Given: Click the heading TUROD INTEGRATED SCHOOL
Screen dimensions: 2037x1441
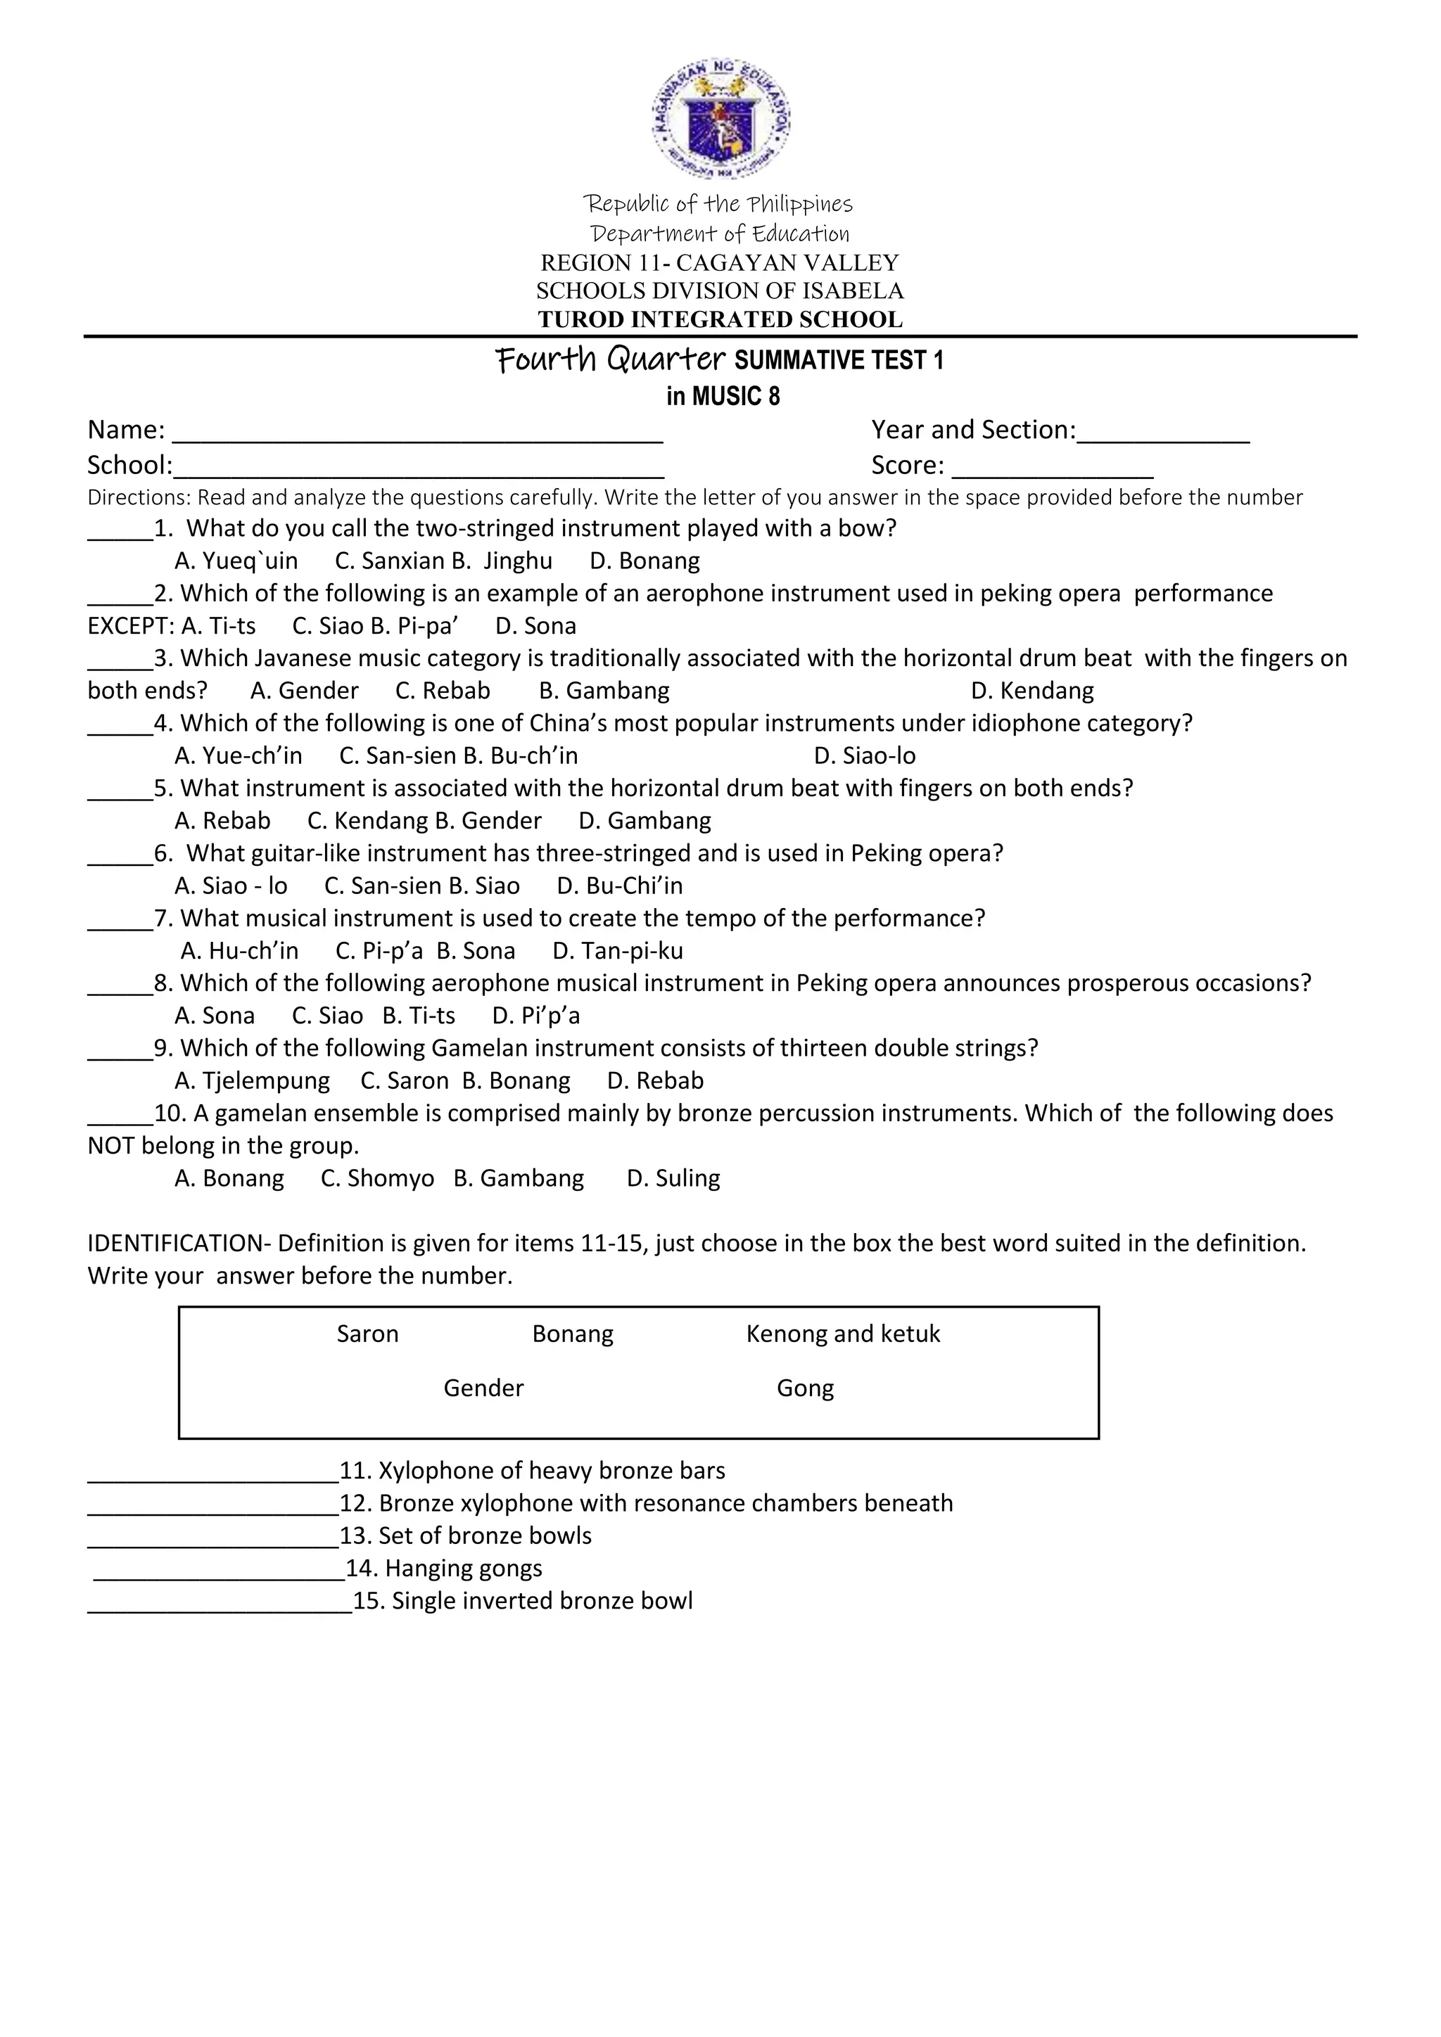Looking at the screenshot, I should (x=720, y=319).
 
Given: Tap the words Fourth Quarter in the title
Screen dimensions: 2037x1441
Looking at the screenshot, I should (x=611, y=359).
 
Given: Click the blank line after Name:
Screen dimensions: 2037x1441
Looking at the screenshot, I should (x=417, y=435).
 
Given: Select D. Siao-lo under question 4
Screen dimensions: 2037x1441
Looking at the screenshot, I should (x=865, y=756).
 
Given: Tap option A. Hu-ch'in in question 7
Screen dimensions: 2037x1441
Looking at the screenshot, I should (x=239, y=951).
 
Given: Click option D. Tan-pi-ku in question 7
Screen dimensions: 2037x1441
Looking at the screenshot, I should (x=618, y=951).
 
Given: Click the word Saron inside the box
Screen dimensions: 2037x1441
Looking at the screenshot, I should (x=367, y=1334).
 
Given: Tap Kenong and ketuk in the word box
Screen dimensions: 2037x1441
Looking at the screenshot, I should (x=843, y=1334).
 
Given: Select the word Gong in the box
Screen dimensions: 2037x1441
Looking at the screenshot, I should (x=805, y=1388).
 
